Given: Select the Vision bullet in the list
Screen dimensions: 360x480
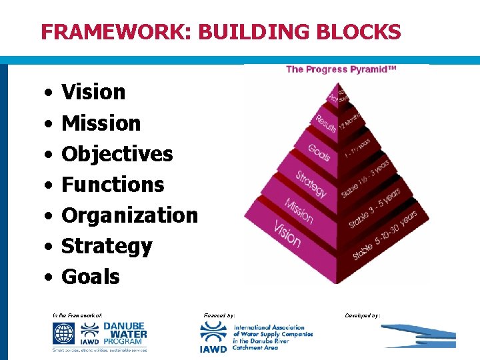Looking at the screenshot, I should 93,92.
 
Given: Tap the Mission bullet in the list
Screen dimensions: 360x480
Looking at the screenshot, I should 101,123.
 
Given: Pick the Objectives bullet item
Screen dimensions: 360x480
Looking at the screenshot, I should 117,153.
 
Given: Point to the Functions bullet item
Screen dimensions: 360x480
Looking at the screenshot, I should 113,184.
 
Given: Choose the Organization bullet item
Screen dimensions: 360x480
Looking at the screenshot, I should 129,215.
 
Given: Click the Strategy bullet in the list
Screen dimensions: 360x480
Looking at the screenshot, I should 107,246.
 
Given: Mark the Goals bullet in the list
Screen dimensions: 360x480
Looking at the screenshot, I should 91,277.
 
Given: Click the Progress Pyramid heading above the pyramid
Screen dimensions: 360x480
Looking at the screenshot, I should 341,69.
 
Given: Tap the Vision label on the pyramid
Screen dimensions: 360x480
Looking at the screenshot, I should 287,231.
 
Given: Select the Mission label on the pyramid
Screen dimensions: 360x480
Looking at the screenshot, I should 298,209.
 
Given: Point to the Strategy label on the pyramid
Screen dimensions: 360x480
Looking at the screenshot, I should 311,183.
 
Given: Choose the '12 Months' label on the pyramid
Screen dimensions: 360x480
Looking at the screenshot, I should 353,120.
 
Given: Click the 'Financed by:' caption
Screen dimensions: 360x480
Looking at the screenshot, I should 218,315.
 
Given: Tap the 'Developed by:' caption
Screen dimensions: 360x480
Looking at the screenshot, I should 363,315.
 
